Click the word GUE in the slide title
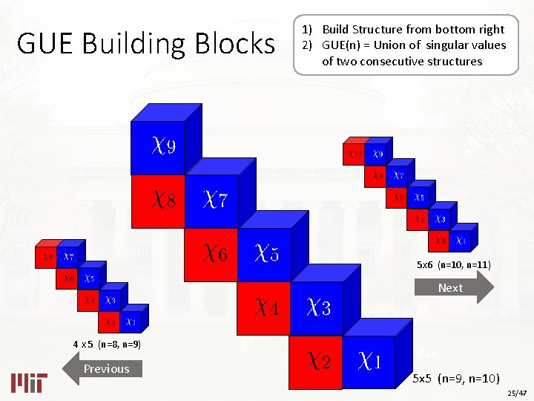pos(45,44)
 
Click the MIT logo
pos(29,382)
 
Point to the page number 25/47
pos(516,392)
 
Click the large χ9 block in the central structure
pos(157,147)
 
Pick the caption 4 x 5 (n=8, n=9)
pos(107,345)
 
